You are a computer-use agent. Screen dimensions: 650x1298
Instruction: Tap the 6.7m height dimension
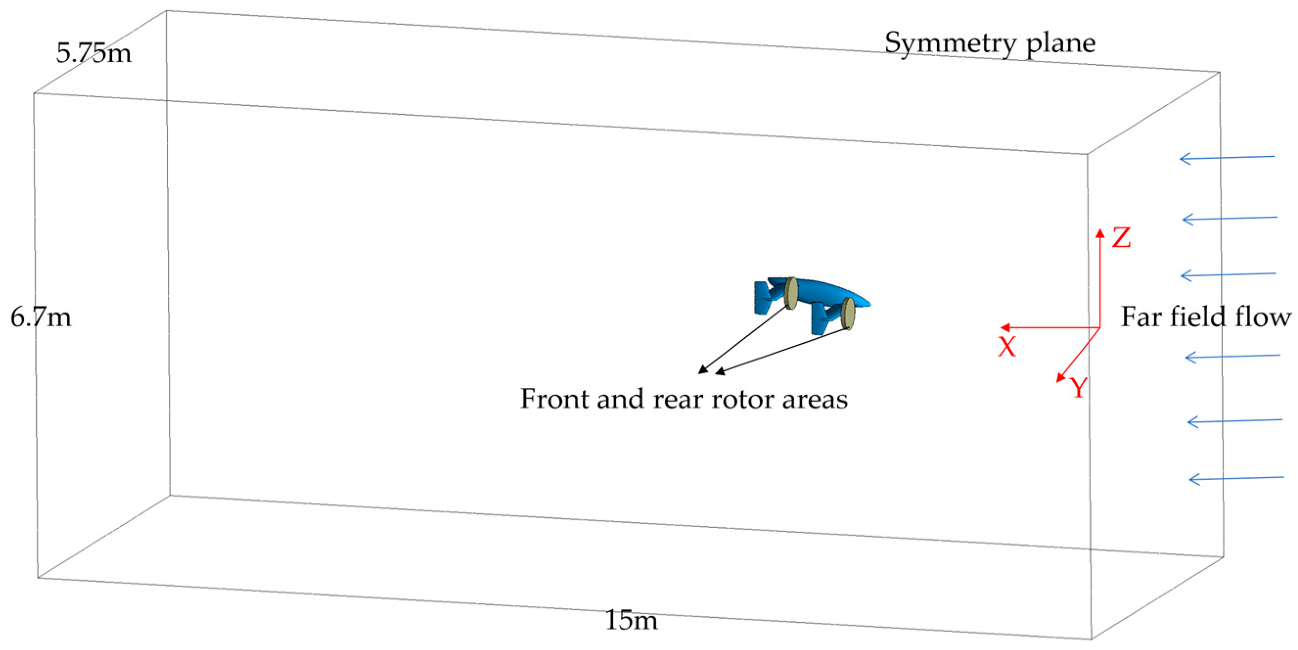(41, 317)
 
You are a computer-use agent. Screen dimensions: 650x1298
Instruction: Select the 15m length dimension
(631, 620)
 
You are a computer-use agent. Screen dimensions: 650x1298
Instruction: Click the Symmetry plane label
(990, 43)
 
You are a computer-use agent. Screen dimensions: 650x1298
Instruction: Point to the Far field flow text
(1206, 317)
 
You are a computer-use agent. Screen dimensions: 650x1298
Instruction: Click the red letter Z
(1121, 238)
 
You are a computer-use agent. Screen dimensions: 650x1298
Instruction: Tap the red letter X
(1007, 347)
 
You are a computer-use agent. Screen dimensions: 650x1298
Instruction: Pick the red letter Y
(1077, 388)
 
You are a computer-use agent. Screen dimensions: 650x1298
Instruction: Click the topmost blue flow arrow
(1227, 158)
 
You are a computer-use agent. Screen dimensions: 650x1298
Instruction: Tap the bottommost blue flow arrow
(1236, 478)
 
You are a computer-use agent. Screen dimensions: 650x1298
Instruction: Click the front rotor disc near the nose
(848, 314)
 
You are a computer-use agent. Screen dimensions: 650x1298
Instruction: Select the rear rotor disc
(791, 293)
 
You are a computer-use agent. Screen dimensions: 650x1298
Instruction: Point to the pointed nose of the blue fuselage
(869, 303)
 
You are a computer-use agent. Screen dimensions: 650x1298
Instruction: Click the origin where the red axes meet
(1099, 328)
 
